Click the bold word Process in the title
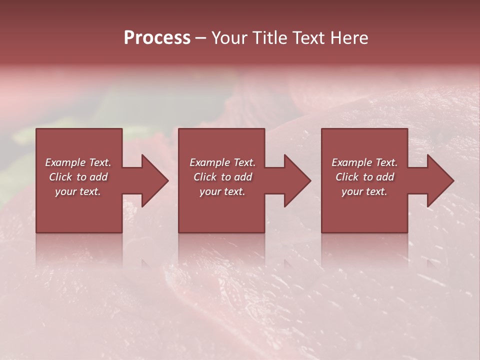point(157,38)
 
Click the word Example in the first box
point(65,162)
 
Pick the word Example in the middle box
point(209,162)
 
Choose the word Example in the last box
point(351,162)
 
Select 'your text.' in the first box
point(78,191)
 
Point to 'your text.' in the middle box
point(222,191)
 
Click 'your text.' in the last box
point(364,191)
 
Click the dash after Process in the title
point(201,38)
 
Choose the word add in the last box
point(385,177)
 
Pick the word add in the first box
point(99,177)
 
